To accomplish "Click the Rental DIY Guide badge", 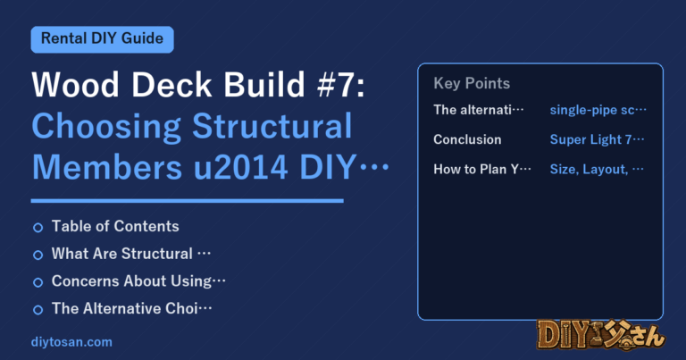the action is pos(103,39).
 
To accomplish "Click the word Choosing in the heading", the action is pos(106,127).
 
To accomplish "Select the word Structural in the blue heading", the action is pos(272,126).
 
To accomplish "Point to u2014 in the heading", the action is pos(240,167).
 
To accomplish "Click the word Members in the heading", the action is pos(107,167).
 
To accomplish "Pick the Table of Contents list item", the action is pos(115,226).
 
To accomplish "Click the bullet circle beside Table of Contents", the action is pos(38,228).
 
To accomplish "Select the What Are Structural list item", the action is pos(131,254).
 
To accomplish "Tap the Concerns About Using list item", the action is pos(138,281).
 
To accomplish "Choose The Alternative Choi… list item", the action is pos(131,308).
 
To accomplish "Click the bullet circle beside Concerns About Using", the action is pos(38,282).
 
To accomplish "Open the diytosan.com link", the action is pos(71,342).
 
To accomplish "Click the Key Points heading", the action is pos(472,83).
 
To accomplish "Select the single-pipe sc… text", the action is pos(598,110).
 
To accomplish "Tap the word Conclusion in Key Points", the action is pos(467,139).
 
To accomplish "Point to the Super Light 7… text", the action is pos(598,139).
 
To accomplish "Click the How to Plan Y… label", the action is pos(482,170).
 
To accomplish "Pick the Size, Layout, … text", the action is pos(597,170).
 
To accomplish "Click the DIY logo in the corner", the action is pos(600,335).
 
